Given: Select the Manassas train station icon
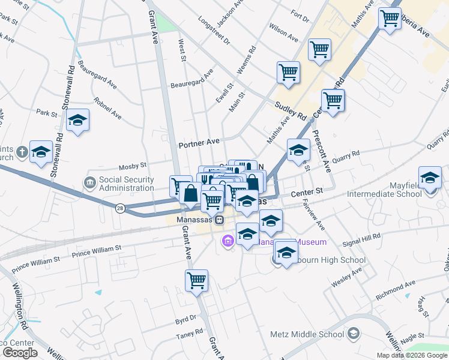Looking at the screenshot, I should [220, 220].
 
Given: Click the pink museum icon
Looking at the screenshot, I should [228, 241].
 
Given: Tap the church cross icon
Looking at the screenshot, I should [22, 151].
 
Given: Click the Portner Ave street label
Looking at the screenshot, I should [199, 145].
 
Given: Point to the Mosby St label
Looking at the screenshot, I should [133, 164].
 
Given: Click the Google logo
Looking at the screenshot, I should [20, 353].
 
